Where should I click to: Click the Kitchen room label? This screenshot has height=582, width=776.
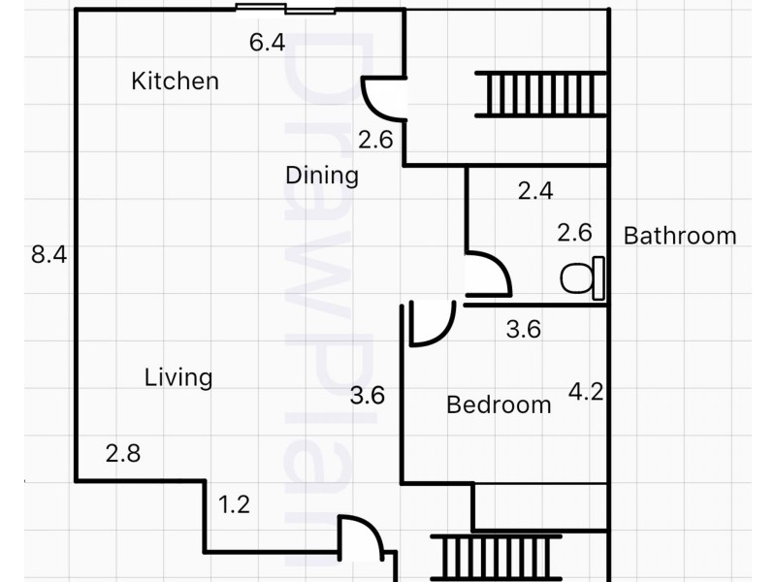point(176,81)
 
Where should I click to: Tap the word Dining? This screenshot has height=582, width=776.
point(322,176)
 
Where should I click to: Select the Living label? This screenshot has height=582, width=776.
point(178,377)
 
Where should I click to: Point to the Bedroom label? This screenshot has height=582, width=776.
point(499,404)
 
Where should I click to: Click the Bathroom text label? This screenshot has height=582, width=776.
point(680,236)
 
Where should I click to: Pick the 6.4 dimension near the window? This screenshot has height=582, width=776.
point(268,42)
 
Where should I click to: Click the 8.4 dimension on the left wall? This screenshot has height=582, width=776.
point(49,254)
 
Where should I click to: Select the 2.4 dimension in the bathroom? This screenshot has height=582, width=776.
point(535,190)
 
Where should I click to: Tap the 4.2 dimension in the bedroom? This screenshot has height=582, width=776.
point(586,392)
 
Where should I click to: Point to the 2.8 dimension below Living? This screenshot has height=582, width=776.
point(123,453)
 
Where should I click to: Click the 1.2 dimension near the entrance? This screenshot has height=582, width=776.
point(234,504)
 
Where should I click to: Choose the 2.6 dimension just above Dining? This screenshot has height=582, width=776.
point(375,140)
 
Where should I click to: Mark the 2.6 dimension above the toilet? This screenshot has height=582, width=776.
point(574,233)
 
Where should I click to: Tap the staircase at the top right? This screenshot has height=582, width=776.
point(541,94)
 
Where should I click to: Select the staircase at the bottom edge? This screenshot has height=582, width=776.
point(496,558)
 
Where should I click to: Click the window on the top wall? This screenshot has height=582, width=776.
point(285,9)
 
